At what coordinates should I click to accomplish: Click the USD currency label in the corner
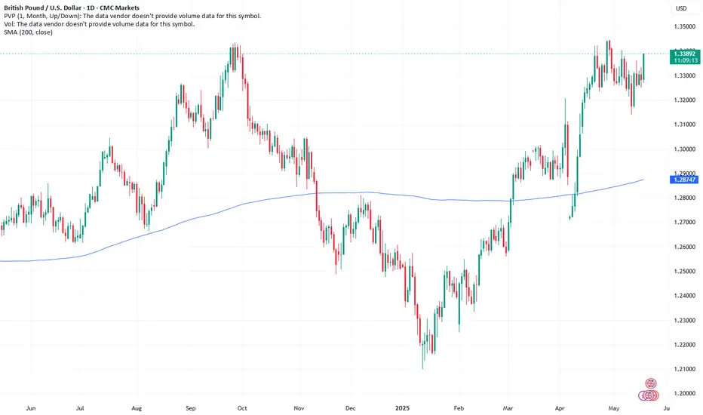pyautogui.click(x=681, y=9)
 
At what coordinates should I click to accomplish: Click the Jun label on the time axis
pyautogui.click(x=31, y=407)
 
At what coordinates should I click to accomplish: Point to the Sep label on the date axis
pyautogui.click(x=191, y=407)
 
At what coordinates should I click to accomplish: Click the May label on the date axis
pyautogui.click(x=612, y=407)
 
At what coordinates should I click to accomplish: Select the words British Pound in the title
pyautogui.click(x=27, y=7)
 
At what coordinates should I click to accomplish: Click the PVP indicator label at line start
pyautogui.click(x=11, y=16)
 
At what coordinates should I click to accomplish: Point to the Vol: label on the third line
pyautogui.click(x=9, y=24)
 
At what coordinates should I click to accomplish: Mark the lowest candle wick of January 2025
pyautogui.click(x=423, y=368)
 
